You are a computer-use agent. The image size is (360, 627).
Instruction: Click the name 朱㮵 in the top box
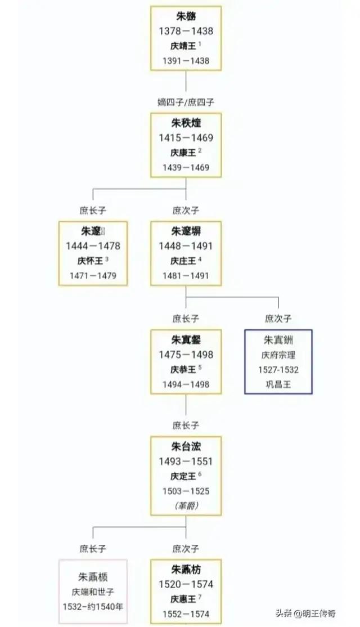click(x=186, y=16)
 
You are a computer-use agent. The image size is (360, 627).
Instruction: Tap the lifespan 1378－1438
click(x=186, y=31)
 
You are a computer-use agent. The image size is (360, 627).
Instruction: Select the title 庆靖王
click(x=183, y=46)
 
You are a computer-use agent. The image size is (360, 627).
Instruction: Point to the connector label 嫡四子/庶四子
click(x=186, y=102)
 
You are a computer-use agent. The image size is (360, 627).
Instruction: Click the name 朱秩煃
click(x=186, y=123)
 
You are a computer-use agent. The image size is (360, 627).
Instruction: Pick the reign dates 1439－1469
click(x=186, y=167)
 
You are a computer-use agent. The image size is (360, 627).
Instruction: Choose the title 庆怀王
click(x=91, y=261)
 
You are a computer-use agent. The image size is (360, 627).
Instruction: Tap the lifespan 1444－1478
click(x=93, y=246)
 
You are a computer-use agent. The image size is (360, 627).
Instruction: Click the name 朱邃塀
click(x=186, y=231)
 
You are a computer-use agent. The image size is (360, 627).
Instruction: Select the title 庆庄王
click(x=183, y=261)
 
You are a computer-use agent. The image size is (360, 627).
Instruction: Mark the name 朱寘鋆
click(x=186, y=339)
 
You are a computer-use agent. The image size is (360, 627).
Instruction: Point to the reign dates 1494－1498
click(x=186, y=384)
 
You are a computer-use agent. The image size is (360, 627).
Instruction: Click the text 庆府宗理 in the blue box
click(x=278, y=355)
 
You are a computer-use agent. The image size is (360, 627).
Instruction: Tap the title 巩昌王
click(x=278, y=385)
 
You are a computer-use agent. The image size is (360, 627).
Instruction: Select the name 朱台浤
click(x=186, y=447)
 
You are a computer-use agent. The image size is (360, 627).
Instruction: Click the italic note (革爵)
click(x=186, y=506)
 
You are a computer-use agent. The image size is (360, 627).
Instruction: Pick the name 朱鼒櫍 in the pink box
click(x=93, y=577)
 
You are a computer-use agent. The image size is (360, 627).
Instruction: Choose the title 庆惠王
click(x=183, y=598)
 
